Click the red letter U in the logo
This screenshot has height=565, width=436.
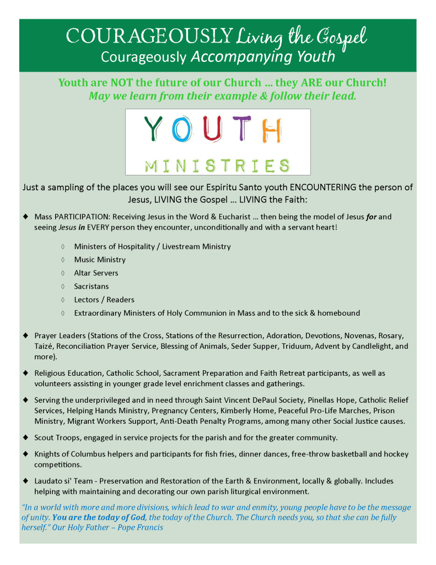(211, 130)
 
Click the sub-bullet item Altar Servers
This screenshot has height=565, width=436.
(96, 273)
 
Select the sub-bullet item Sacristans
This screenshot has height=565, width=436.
(91, 286)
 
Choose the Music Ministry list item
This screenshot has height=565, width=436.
(100, 259)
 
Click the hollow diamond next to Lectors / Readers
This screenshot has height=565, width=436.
(63, 300)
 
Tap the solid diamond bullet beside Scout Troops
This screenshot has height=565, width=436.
(25, 438)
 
